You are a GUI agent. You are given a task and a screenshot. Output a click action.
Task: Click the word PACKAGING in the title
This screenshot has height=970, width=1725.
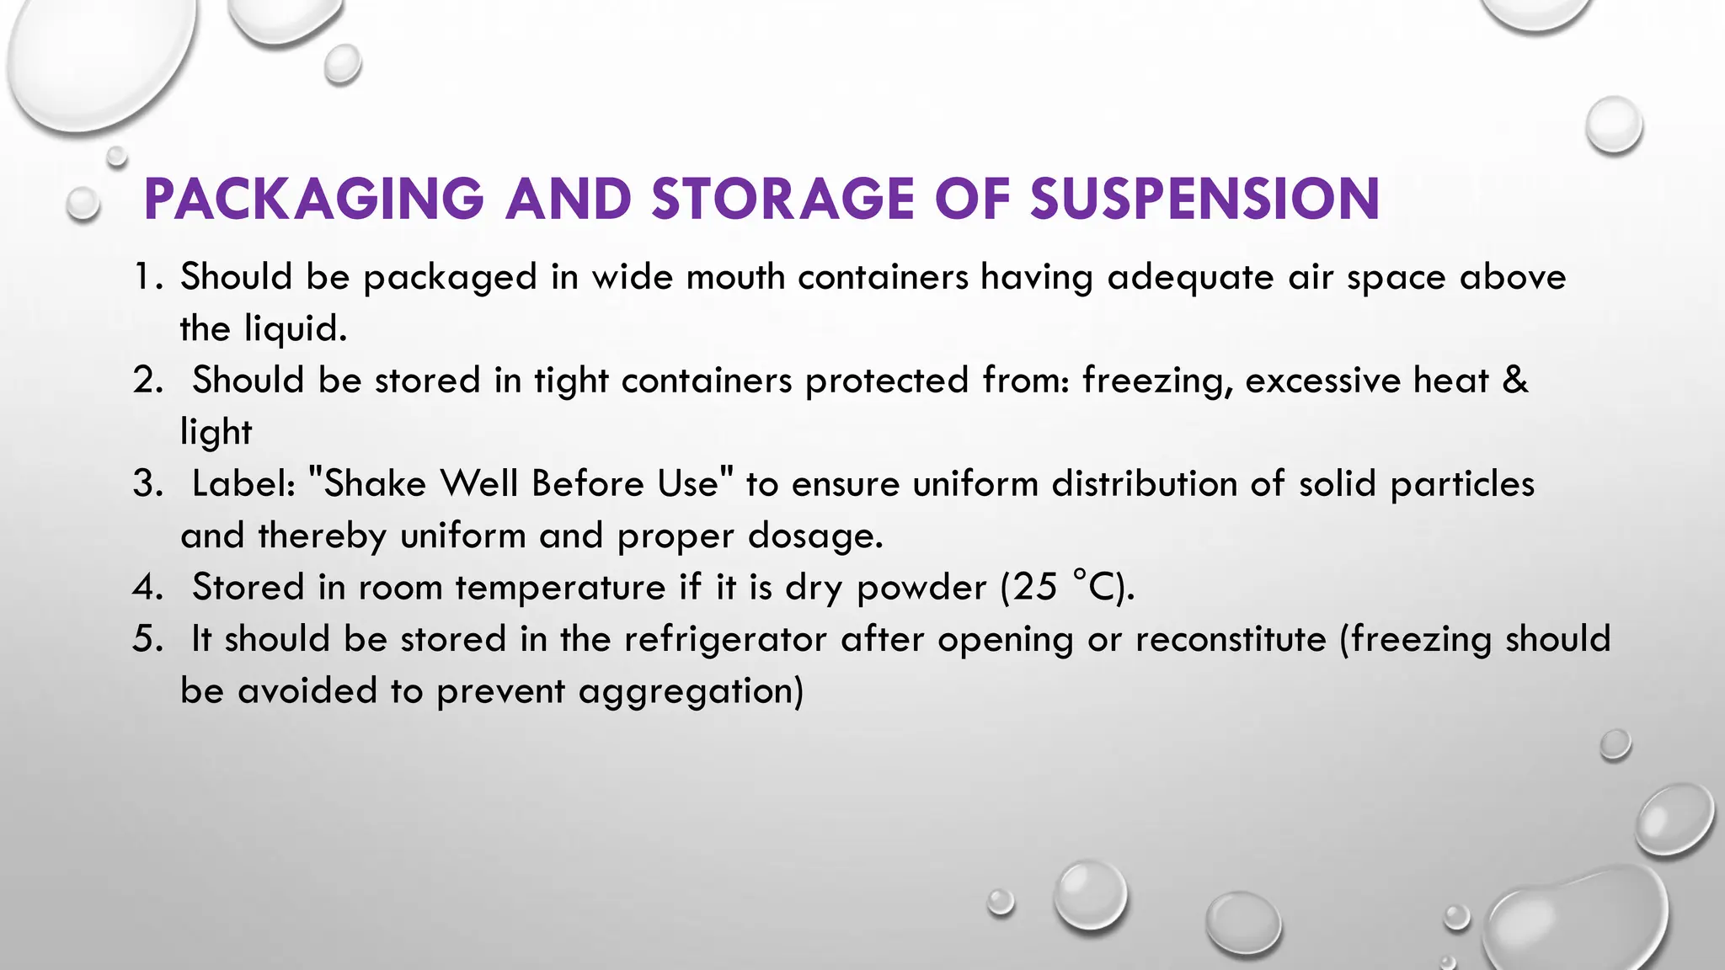click(313, 200)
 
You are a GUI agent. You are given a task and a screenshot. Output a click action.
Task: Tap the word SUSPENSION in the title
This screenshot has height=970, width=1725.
click(1204, 200)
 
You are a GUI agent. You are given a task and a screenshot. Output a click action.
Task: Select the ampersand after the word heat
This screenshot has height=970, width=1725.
click(1514, 381)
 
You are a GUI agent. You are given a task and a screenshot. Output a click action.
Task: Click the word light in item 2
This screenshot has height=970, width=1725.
click(216, 433)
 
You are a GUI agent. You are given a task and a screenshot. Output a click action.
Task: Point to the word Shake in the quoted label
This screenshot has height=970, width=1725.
click(375, 484)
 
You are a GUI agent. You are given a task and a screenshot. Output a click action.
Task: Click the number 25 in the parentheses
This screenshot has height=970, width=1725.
click(1035, 588)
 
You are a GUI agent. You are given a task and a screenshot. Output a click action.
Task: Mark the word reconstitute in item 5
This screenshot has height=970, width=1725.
click(1231, 639)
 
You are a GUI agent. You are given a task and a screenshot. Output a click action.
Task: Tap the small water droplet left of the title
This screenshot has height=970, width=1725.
click(83, 204)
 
